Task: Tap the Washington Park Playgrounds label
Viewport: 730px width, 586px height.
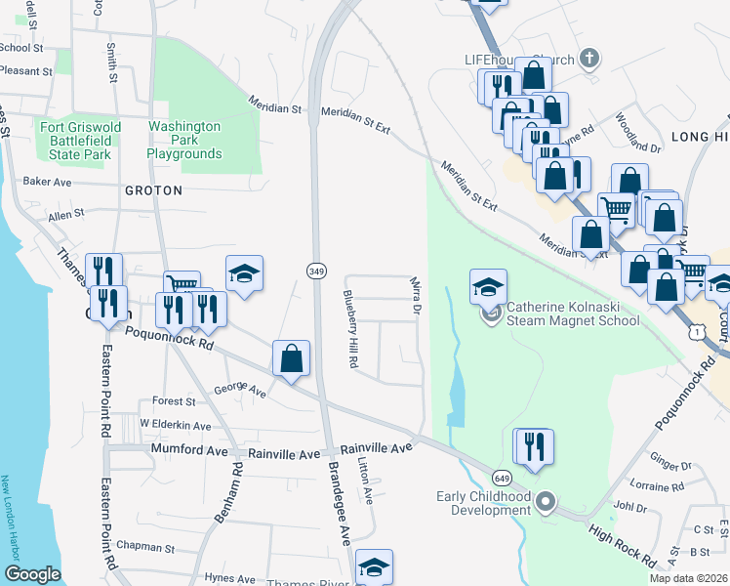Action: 184,140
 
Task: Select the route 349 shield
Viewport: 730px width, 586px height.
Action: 315,270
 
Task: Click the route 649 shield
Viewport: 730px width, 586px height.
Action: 502,478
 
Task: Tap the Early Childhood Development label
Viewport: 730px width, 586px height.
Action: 483,503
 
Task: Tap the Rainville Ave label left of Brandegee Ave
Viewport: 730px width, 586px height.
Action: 283,453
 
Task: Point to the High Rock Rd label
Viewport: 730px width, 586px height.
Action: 622,544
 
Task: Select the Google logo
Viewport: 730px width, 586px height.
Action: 32,574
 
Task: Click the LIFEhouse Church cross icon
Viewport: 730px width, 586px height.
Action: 588,60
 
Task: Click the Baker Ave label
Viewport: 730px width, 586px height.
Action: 48,182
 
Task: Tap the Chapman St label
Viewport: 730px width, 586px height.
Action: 144,548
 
